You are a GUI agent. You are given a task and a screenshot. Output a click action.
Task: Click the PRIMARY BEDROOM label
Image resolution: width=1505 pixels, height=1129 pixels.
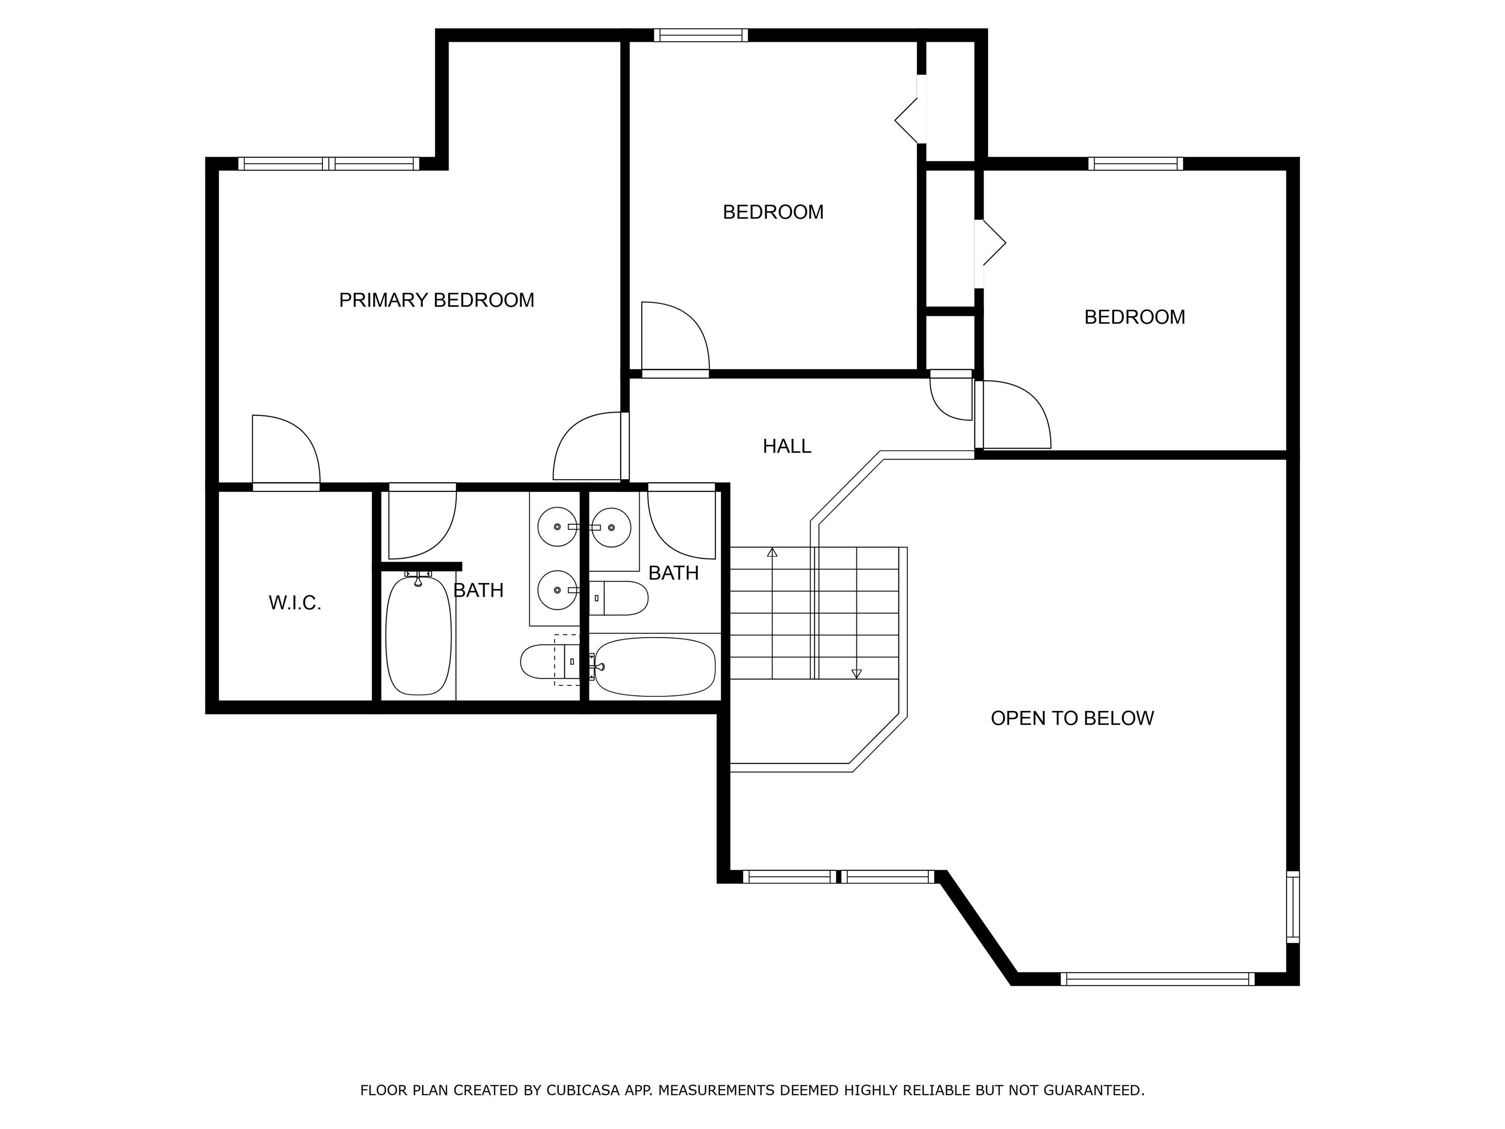[436, 300]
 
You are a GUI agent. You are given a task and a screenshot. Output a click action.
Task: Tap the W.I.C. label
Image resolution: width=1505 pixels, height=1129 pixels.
[294, 603]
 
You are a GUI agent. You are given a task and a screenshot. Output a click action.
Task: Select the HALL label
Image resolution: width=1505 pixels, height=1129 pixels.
[786, 446]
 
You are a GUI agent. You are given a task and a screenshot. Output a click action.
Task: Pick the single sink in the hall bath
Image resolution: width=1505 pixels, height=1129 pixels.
[611, 527]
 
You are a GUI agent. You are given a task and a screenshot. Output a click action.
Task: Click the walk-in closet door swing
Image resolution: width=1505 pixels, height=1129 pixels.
[282, 449]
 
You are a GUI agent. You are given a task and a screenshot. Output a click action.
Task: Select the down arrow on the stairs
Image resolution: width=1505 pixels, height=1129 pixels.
[856, 673]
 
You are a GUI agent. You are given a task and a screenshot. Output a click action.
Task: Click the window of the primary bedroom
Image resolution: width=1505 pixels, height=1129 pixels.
[329, 163]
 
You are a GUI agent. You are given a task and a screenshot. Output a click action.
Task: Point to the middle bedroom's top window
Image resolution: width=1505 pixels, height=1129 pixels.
[701, 35]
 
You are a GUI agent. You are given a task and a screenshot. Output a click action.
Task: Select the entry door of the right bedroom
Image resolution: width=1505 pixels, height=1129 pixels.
[1014, 415]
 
